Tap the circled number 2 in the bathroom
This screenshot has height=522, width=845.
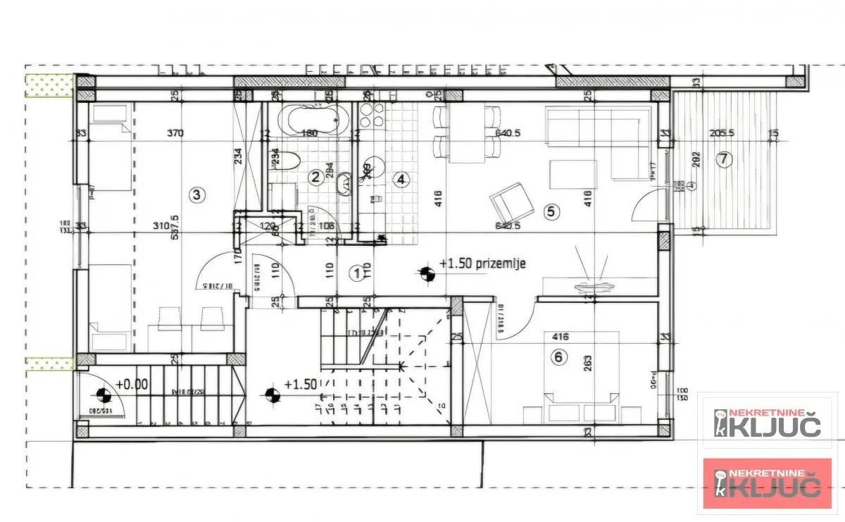click(316, 178)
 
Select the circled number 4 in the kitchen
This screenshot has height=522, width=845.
click(401, 179)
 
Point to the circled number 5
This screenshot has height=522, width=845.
click(551, 210)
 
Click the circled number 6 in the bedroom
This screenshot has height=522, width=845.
click(558, 357)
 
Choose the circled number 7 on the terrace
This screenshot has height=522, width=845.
click(722, 159)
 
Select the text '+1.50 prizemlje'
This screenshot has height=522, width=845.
click(482, 263)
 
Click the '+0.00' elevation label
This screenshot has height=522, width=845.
click(132, 385)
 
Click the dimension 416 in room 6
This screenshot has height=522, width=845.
click(561, 337)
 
